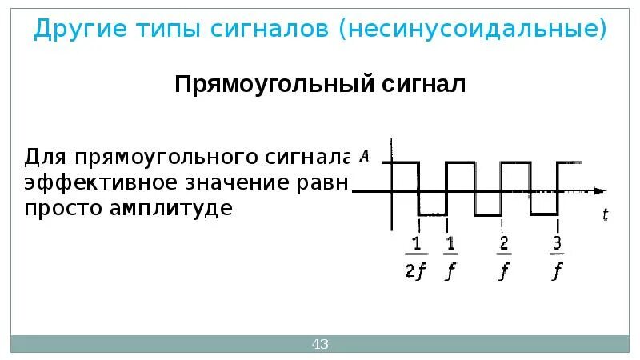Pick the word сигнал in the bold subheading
point(422,84)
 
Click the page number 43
point(320,345)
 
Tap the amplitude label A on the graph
point(365,156)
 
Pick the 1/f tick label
point(450,258)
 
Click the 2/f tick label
point(503,258)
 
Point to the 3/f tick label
point(557,258)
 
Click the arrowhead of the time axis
point(600,190)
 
